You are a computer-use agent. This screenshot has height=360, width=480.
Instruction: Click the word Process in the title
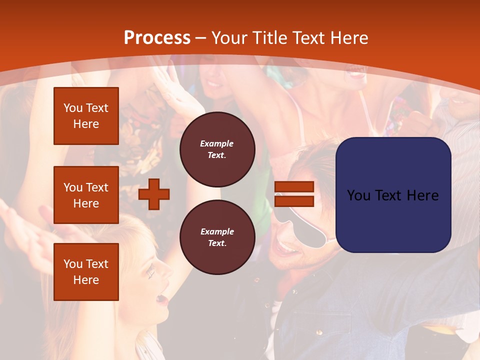coord(157,38)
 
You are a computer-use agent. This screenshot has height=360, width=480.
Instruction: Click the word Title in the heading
coord(268,38)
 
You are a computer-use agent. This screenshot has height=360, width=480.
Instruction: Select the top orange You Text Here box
coord(86,116)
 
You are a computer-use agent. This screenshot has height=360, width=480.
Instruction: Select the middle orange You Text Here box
coord(86,195)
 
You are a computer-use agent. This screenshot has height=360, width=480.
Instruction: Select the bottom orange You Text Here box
coord(86,272)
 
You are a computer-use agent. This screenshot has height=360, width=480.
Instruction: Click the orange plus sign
coord(154,194)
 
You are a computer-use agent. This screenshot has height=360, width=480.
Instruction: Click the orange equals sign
coord(294,194)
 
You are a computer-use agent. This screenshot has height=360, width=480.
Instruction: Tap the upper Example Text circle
coord(217,149)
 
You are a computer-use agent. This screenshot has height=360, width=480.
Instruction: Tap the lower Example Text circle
coord(217,237)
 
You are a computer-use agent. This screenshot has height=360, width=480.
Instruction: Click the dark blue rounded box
coord(393,195)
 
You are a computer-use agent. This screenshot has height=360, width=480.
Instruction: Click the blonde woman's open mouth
coord(161,299)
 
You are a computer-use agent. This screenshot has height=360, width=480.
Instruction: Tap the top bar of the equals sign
coord(294,187)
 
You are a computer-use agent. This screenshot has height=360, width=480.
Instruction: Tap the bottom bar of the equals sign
coord(294,201)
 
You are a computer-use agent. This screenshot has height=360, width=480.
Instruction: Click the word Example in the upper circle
coord(217,143)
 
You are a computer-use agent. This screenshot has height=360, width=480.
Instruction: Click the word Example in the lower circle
coord(217,231)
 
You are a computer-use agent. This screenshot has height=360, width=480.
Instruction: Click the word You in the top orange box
coord(72,108)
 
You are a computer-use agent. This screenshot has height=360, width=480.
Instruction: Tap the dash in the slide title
coord(201,38)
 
